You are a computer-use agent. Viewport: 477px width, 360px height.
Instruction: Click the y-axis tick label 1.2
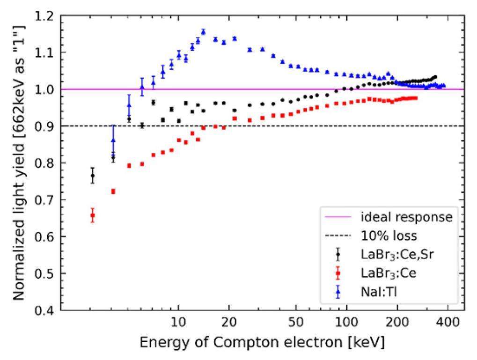pos(49,15)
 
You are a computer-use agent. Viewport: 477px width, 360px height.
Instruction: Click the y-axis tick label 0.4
pos(49,310)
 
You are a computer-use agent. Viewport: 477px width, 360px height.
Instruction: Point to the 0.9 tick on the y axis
pos(49,126)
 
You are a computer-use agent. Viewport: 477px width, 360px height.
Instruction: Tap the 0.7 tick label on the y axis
pos(49,200)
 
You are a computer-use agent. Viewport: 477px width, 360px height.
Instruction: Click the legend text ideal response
pos(406,217)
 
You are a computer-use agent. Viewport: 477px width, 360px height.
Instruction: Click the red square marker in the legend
pos(338,274)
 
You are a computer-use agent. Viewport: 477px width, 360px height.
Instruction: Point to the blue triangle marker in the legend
pos(338,293)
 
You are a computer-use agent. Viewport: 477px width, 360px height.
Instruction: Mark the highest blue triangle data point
pos(203,32)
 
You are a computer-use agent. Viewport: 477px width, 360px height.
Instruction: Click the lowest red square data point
pos(93,215)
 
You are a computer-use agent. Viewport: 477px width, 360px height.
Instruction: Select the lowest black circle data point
pos(93,176)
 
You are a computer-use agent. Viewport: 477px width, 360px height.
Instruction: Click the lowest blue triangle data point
pos(113,140)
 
